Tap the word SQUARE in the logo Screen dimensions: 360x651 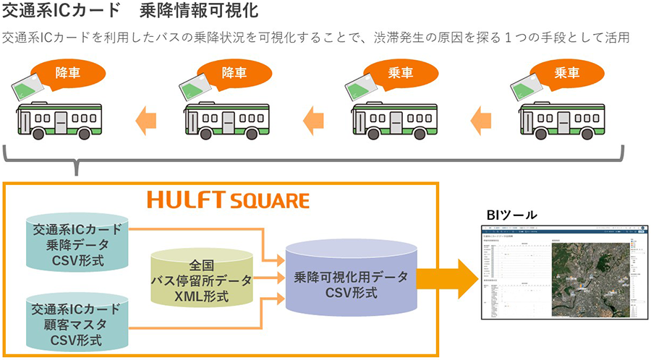(268, 201)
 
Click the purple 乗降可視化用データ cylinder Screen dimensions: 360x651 (351, 279)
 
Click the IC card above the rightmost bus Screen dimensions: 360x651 (526, 87)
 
